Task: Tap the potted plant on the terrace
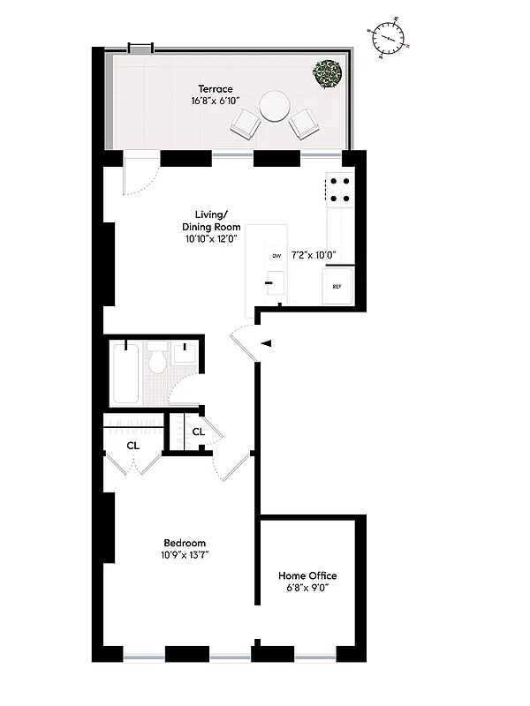click(329, 74)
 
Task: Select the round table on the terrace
click(274, 107)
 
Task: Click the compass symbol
click(387, 37)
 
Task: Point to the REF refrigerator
click(337, 287)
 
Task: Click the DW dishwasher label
click(276, 255)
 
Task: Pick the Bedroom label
click(185, 543)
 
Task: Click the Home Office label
click(307, 575)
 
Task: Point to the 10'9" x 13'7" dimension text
click(185, 556)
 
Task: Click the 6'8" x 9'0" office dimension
click(307, 589)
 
